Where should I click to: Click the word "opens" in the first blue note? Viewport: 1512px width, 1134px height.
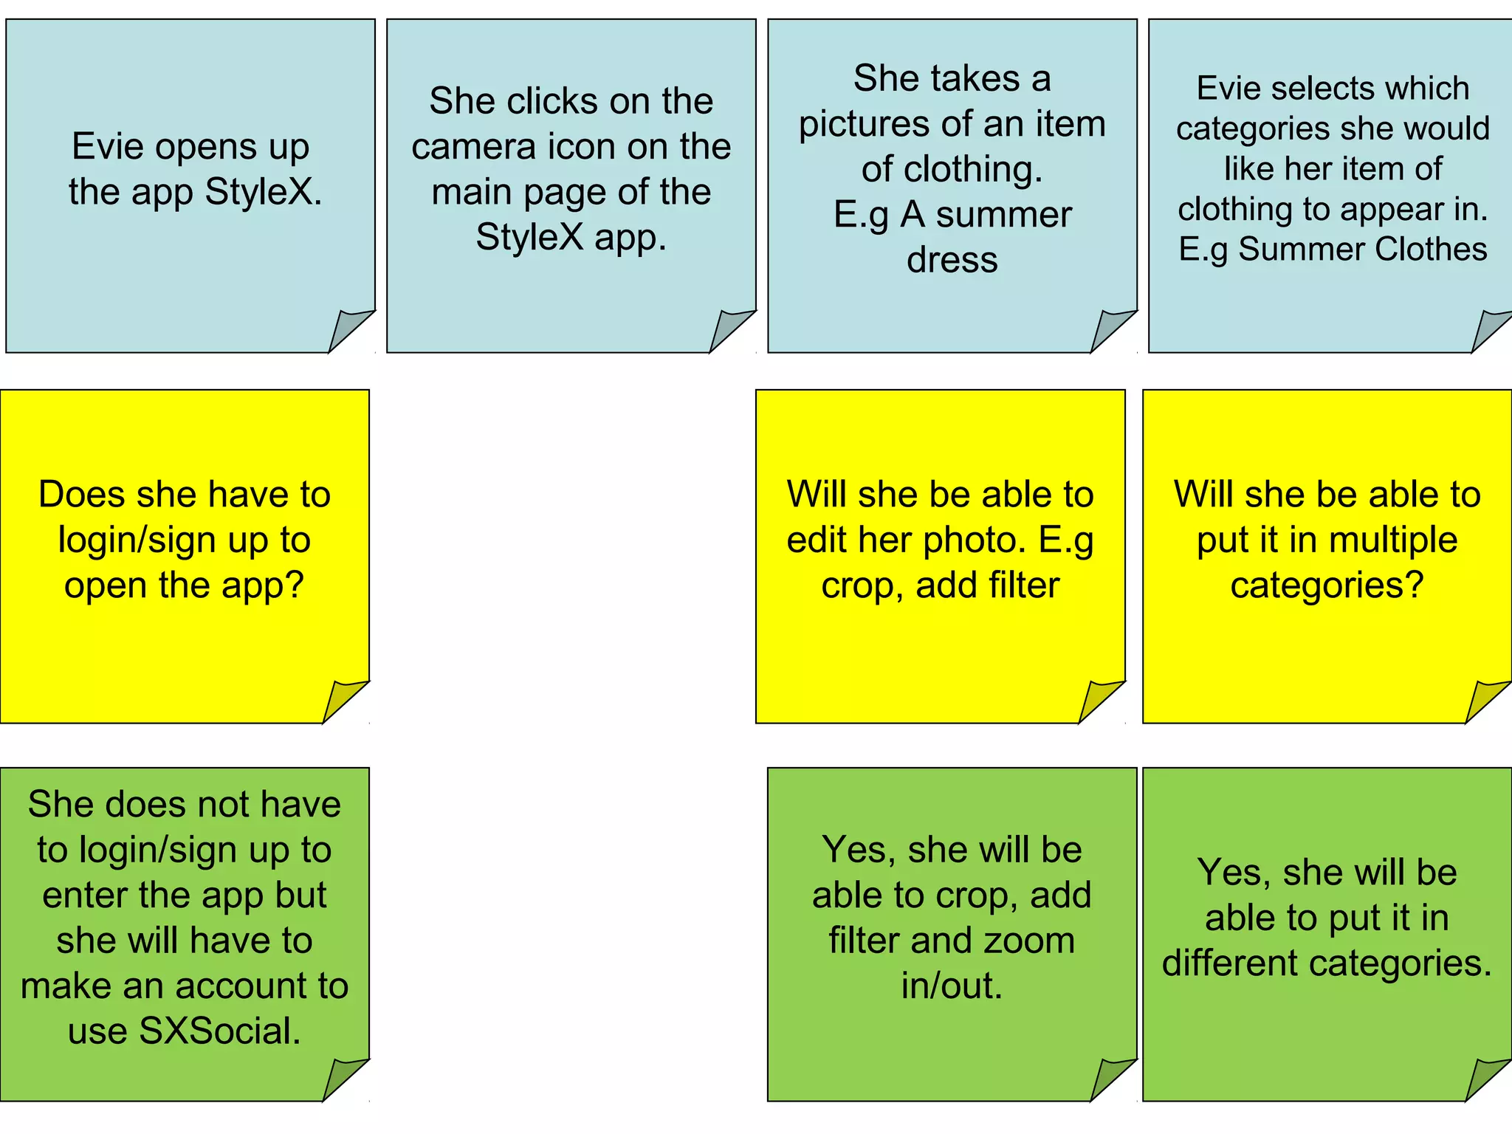(x=206, y=147)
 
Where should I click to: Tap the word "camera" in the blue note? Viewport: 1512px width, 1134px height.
(x=473, y=146)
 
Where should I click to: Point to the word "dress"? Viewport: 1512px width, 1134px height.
(x=952, y=260)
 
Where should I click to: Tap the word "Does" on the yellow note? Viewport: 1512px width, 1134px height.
(x=78, y=494)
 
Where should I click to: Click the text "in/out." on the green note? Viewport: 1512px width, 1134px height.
(x=952, y=986)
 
